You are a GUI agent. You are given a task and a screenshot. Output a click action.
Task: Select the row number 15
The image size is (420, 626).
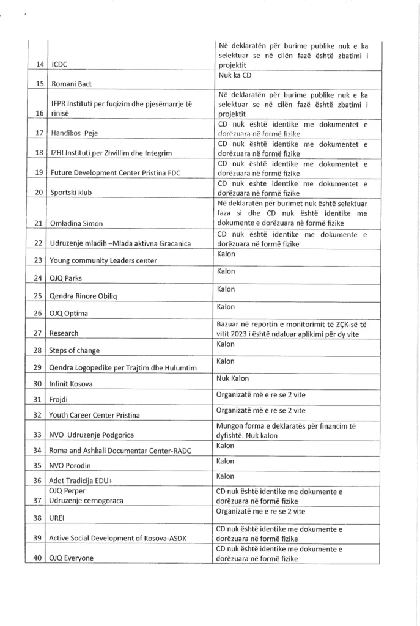coord(39,84)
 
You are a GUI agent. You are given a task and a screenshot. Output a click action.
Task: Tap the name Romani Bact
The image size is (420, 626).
coord(71,84)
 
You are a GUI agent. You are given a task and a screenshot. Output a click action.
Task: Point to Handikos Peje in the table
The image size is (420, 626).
coord(74,133)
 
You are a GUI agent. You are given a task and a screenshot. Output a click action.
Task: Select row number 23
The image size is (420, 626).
coord(39,260)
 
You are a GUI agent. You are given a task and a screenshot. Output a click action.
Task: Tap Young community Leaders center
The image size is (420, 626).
coord(103,261)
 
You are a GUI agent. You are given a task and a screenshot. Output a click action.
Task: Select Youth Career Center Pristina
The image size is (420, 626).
coord(94,416)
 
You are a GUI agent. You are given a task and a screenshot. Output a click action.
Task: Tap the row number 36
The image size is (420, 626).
coord(39,481)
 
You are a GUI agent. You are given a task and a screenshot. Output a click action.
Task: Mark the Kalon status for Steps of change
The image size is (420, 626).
coord(226,344)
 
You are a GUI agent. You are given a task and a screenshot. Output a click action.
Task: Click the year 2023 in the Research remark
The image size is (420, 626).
coord(241,334)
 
